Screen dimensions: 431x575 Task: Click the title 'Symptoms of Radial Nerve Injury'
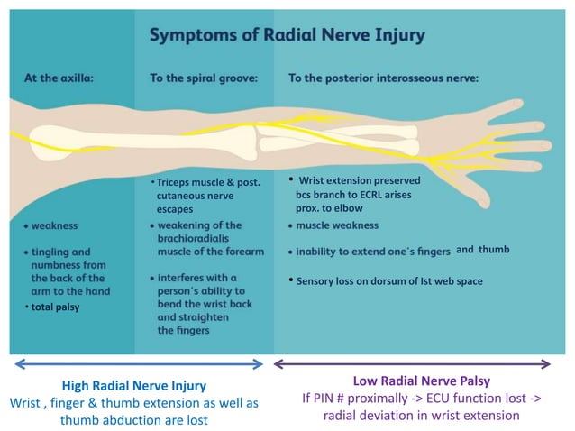point(287,36)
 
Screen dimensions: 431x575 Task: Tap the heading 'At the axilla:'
point(59,78)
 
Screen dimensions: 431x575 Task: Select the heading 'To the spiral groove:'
point(204,78)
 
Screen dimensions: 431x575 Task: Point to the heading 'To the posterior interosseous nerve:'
point(383,78)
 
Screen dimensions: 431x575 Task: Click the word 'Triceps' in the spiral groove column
point(177,182)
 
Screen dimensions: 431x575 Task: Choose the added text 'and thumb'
point(482,250)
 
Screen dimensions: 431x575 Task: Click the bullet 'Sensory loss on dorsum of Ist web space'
point(389,281)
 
